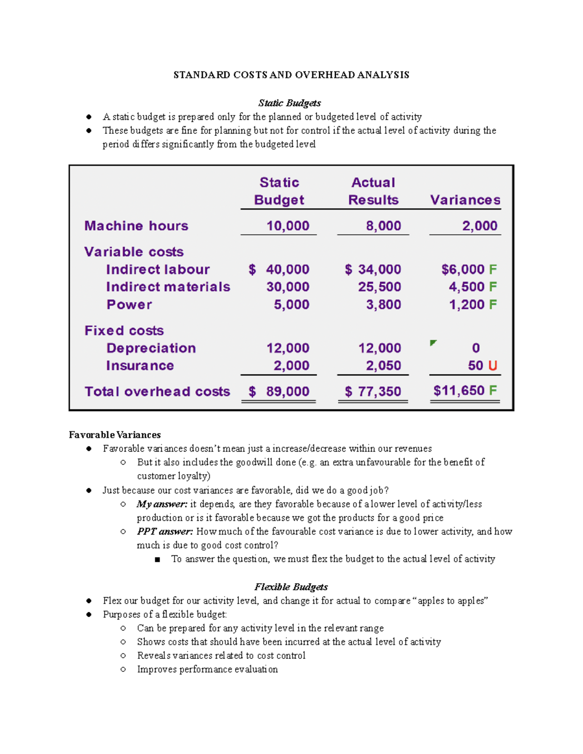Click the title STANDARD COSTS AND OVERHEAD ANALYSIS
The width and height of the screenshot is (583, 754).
pos(291,75)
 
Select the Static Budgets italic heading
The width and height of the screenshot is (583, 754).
pos(290,103)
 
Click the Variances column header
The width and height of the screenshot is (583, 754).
pos(465,200)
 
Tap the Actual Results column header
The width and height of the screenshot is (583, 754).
pos(373,191)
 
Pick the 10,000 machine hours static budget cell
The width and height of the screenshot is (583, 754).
pos(288,226)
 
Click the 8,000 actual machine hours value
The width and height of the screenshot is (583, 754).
pos(383,226)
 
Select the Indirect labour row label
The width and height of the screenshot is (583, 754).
pos(158,269)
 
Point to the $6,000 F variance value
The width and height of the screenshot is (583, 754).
pos(468,269)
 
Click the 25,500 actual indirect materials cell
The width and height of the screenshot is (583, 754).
pos(379,287)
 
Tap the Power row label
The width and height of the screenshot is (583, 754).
pos(129,305)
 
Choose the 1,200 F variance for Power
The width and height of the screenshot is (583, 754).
pos(472,305)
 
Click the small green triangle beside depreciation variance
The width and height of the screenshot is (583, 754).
pos(433,343)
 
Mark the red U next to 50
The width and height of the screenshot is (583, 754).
pos(493,366)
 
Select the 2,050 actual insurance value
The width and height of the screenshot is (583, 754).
pos(383,366)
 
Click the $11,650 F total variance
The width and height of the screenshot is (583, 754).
pos(464,391)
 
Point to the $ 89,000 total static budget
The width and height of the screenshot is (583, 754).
pos(279,391)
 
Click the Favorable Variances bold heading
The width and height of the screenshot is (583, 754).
pos(115,435)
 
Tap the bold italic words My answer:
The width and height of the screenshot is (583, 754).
pos(162,504)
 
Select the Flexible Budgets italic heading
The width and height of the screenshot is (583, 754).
pos(291,587)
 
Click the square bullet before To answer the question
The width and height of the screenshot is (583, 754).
pos(157,559)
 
